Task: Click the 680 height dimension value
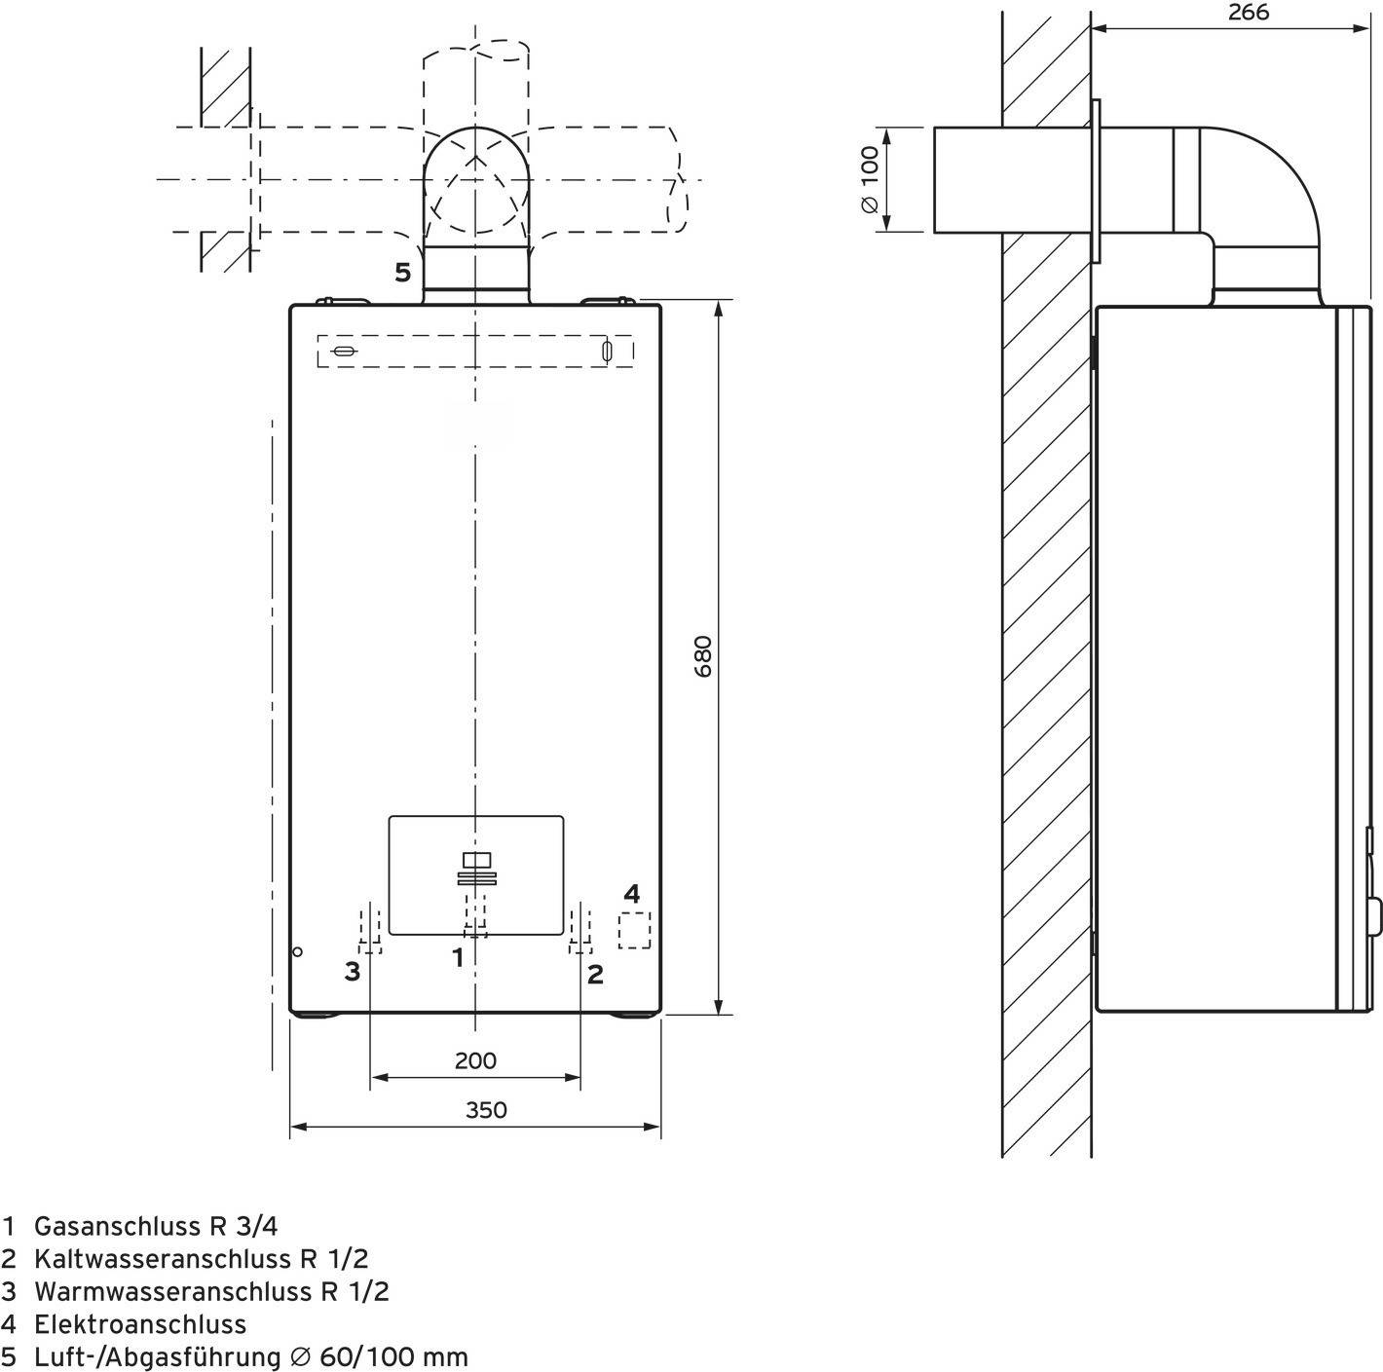click(704, 656)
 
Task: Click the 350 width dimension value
click(485, 1109)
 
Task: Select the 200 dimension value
click(475, 1060)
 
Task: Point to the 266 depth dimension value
click(1249, 13)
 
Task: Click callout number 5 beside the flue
click(402, 273)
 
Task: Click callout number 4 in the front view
click(632, 893)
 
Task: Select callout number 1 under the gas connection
click(458, 958)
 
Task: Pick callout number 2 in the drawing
click(595, 973)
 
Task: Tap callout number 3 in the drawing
click(353, 971)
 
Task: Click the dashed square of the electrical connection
click(634, 930)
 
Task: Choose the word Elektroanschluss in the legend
click(139, 1324)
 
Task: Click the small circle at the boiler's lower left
click(298, 951)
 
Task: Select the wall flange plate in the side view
click(1096, 180)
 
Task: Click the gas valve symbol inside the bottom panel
click(476, 869)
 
